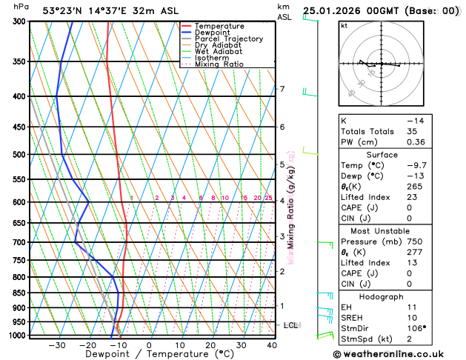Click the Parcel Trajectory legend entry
(x=228, y=39)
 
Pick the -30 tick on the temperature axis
(x=57, y=345)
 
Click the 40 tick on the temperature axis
(x=273, y=345)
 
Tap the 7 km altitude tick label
(x=282, y=90)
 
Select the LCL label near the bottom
(x=291, y=325)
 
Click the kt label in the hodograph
(x=344, y=25)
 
